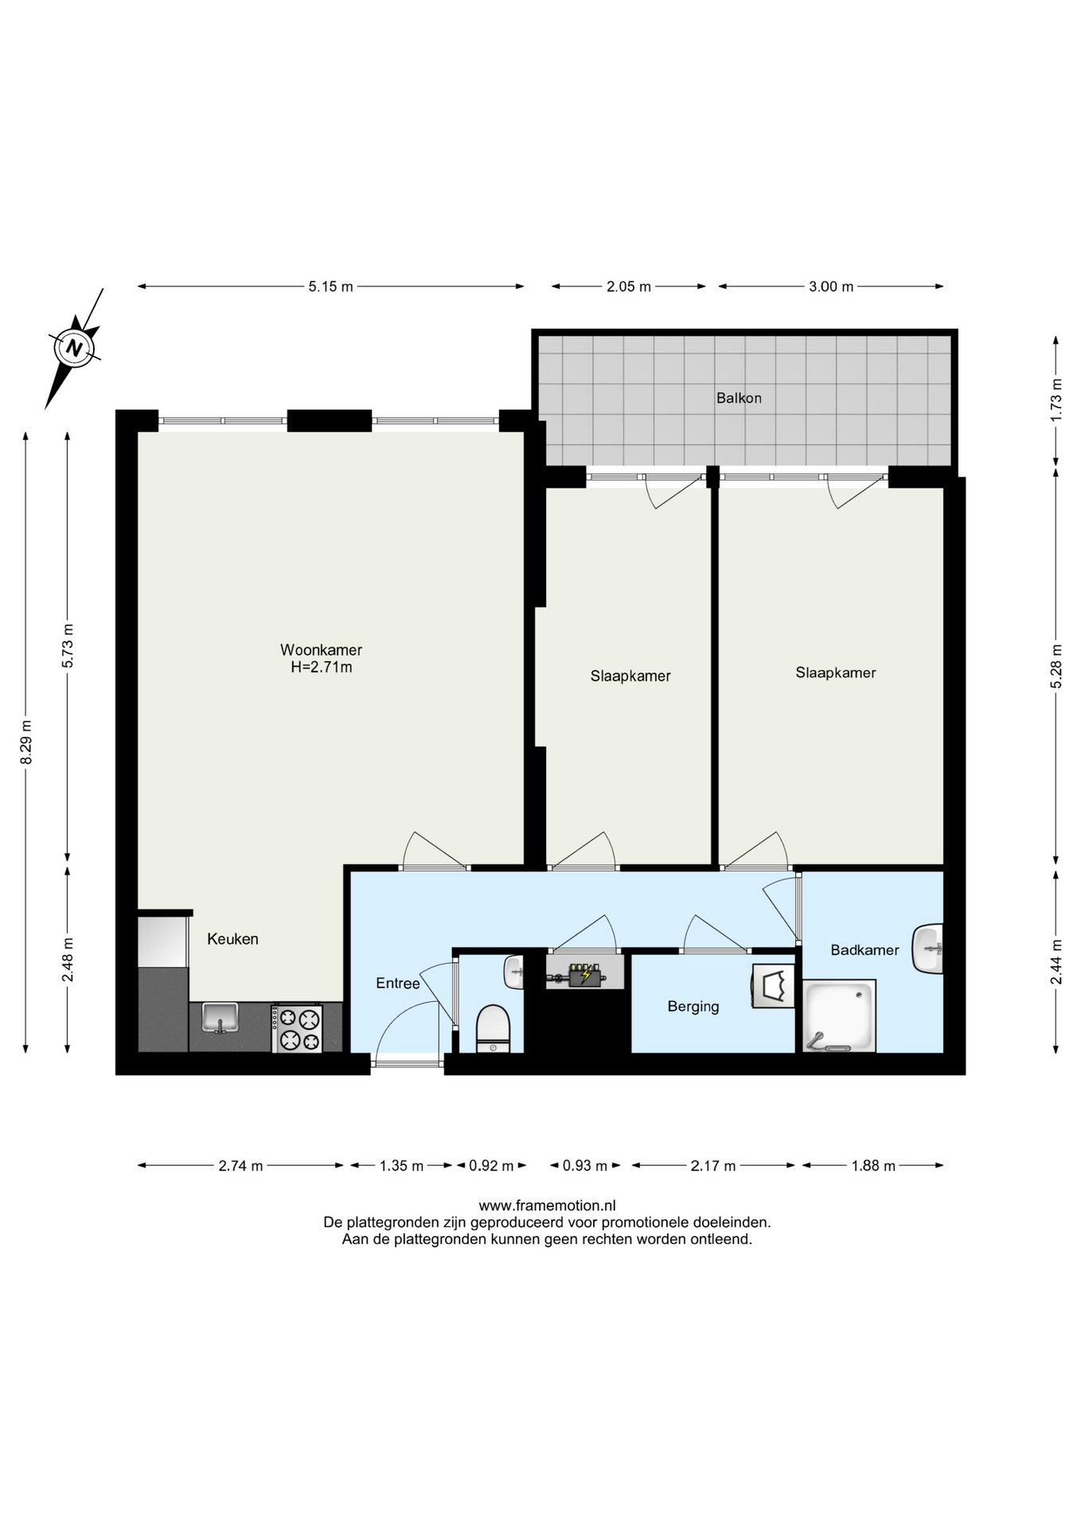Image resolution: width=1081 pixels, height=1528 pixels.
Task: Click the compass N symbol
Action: [75, 348]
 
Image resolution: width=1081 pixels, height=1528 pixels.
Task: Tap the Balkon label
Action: [739, 398]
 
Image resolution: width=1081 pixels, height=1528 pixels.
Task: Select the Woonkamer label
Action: [321, 650]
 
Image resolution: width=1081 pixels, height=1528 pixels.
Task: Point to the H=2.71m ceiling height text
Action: [322, 668]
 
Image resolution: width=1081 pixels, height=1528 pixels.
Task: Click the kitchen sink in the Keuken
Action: [220, 1018]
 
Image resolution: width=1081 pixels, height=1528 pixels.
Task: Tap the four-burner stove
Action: [298, 1028]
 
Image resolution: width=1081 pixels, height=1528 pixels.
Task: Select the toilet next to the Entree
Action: [493, 1028]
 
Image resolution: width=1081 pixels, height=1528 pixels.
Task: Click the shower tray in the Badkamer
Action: [839, 1016]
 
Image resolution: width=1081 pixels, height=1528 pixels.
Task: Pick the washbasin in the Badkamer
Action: [928, 948]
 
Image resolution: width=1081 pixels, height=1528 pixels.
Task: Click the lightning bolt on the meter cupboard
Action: [587, 973]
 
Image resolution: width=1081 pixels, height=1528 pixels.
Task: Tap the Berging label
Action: [693, 1007]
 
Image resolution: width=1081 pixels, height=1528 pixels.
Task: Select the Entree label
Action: [398, 984]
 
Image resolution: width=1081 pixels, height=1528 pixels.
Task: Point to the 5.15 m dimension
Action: [331, 286]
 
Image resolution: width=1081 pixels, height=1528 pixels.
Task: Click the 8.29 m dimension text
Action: [26, 742]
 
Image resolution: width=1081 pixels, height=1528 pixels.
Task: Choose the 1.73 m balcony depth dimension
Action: [1056, 400]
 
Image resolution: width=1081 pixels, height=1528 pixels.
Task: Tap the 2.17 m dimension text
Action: [713, 1166]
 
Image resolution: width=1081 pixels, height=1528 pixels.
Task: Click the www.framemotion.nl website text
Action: [547, 1206]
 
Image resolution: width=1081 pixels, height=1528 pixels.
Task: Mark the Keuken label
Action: [232, 939]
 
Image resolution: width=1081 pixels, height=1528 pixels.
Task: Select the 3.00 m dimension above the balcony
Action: [831, 286]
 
